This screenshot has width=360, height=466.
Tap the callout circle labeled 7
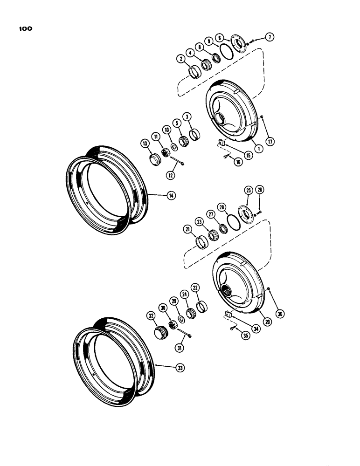269,36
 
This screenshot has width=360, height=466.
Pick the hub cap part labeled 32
161,333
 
